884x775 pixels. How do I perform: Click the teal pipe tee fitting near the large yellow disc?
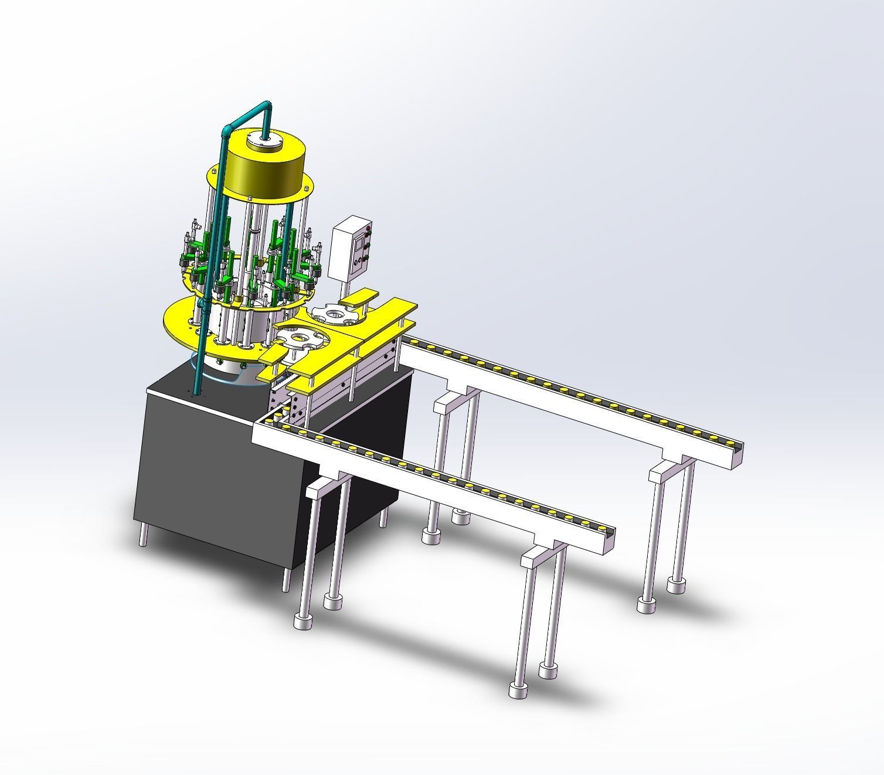[203, 304]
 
